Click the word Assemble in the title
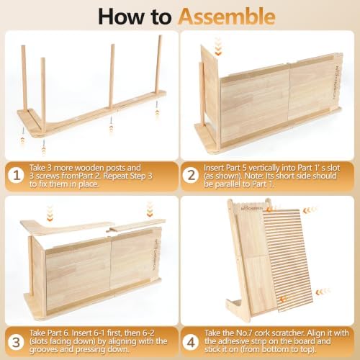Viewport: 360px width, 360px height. click(x=227, y=17)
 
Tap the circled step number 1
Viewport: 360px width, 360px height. click(x=17, y=176)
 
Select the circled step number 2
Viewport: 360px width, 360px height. click(x=192, y=176)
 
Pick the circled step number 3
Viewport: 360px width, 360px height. click(x=17, y=342)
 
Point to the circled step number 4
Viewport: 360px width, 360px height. click(x=192, y=342)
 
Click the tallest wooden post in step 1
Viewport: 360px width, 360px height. click(x=158, y=64)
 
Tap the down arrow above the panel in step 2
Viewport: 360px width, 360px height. click(x=218, y=47)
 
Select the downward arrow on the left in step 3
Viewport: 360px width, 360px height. click(x=50, y=213)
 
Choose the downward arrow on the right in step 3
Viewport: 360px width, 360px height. click(x=150, y=210)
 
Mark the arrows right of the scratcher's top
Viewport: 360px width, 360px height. click(x=310, y=210)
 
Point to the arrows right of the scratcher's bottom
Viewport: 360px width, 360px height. click(x=323, y=292)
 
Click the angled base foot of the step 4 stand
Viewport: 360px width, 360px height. click(x=237, y=310)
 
